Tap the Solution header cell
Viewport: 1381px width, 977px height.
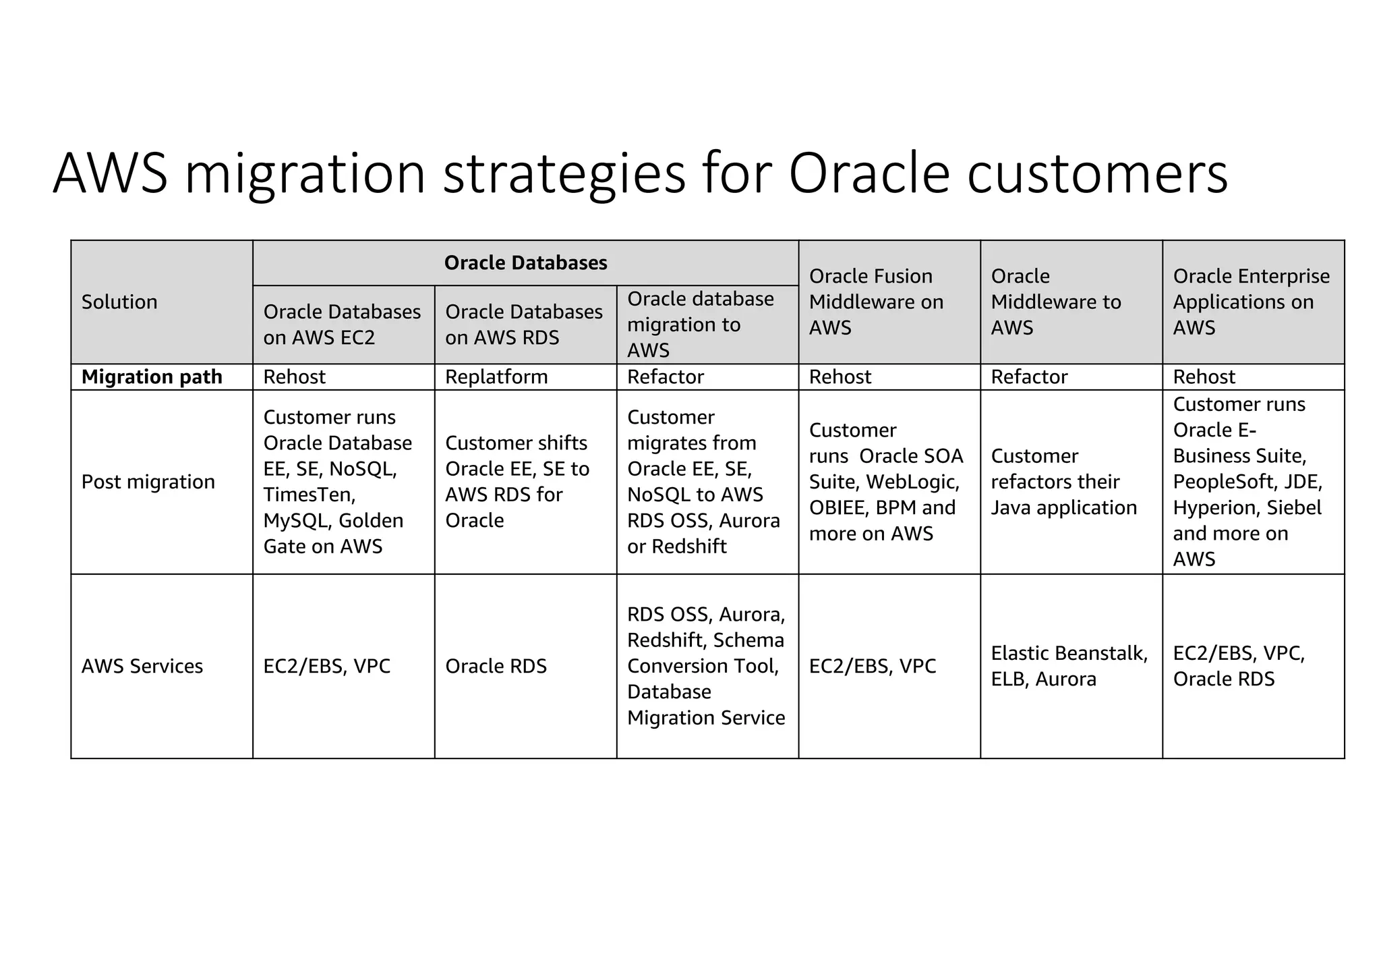[119, 302]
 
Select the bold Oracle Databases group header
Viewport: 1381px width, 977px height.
[525, 262]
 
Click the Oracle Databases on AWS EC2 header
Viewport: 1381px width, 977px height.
[342, 325]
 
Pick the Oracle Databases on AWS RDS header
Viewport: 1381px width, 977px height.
[524, 325]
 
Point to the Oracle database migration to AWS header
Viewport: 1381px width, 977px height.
[701, 325]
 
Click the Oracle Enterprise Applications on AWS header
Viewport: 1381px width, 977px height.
[1251, 302]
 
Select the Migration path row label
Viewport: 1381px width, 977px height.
[152, 376]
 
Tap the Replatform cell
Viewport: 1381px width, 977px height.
[496, 376]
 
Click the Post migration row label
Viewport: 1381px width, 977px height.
[148, 482]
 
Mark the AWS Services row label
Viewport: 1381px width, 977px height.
[142, 666]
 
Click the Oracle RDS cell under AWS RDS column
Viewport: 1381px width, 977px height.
[496, 666]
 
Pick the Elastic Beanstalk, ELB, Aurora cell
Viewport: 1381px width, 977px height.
[1069, 666]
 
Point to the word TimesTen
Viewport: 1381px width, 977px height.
[309, 495]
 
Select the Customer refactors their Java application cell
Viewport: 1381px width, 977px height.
[1063, 482]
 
